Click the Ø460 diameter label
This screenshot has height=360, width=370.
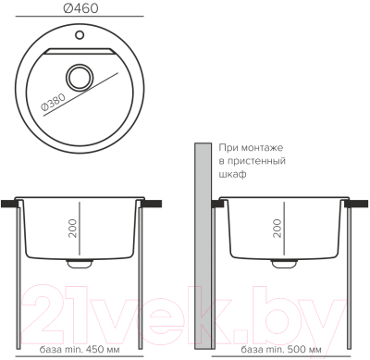pos(81,8)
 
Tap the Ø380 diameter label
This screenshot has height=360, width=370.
pos(53,102)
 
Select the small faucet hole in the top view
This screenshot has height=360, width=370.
pos(80,34)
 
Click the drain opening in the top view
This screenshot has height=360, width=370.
pos(80,77)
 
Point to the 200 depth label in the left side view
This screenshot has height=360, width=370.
pos(72,229)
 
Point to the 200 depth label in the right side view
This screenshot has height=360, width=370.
pos(277,229)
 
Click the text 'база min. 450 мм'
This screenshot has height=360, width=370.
pos(80,350)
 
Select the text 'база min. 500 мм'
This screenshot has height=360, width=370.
pos(281,350)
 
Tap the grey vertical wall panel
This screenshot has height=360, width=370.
pos(203,246)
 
